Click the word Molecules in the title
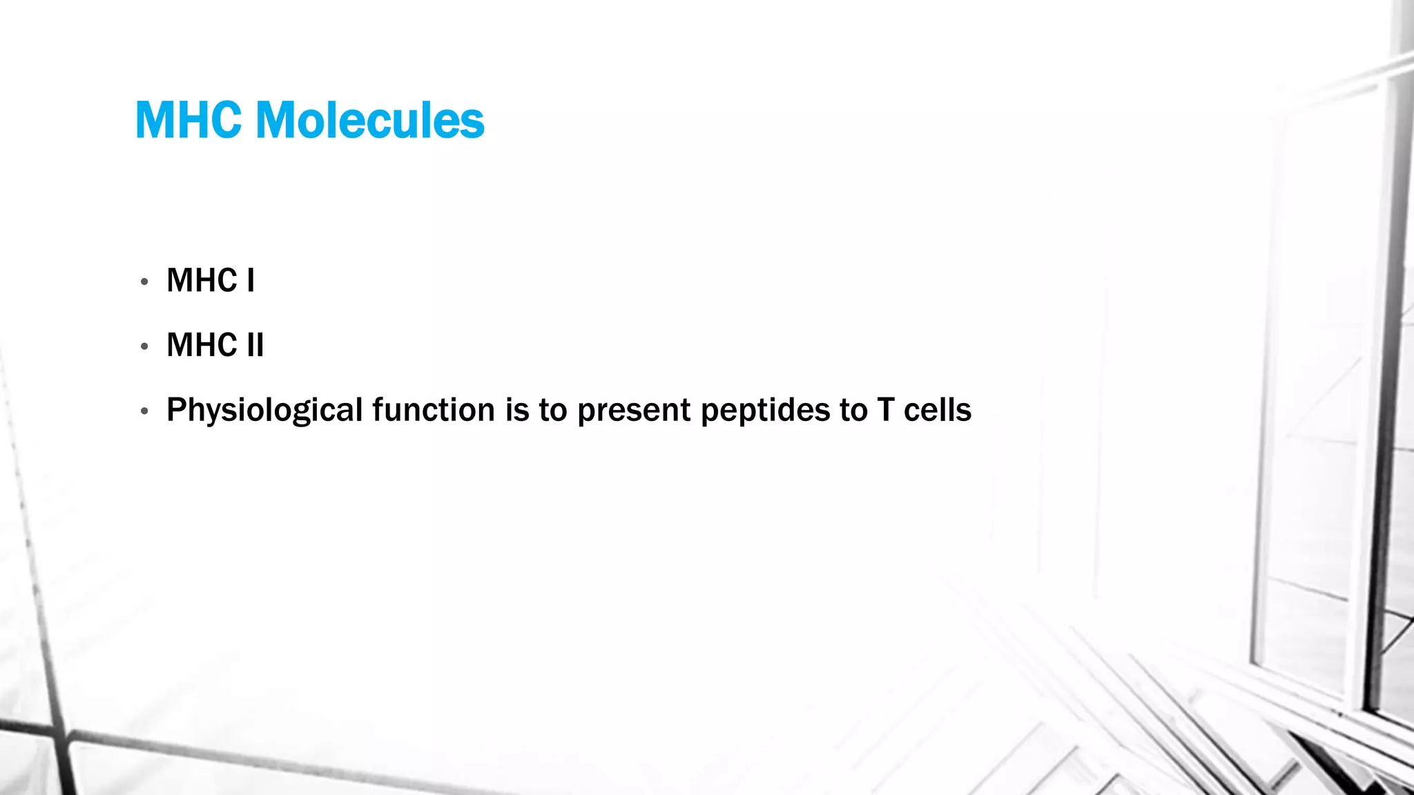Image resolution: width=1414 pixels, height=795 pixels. pyautogui.click(x=370, y=121)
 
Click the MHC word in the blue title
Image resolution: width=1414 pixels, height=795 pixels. pyautogui.click(x=188, y=121)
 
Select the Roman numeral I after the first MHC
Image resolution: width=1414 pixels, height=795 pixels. pyautogui.click(x=251, y=281)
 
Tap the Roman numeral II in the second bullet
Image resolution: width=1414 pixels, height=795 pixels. pyautogui.click(x=255, y=345)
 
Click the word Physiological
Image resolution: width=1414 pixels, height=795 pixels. pyautogui.click(x=264, y=411)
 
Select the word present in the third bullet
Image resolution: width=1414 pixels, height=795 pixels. pyautogui.click(x=633, y=411)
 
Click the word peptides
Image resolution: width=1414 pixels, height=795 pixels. pyautogui.click(x=764, y=411)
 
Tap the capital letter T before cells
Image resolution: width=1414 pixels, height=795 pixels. pyautogui.click(x=886, y=410)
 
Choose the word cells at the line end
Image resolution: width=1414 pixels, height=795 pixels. pyautogui.click(x=938, y=410)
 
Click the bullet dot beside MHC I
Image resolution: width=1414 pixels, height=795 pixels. pyautogui.click(x=144, y=282)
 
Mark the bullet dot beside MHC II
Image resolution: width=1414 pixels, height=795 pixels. pyautogui.click(x=144, y=346)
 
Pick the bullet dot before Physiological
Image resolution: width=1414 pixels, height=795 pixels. pyautogui.click(x=144, y=411)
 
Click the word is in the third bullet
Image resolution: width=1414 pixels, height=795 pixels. pyautogui.click(x=517, y=410)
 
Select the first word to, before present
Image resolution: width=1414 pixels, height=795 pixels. pyautogui.click(x=553, y=410)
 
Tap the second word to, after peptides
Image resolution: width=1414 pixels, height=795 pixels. pyautogui.click(x=853, y=410)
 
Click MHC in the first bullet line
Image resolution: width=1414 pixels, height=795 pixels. pyautogui.click(x=202, y=281)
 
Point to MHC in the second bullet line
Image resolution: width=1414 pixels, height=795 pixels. pyautogui.click(x=202, y=345)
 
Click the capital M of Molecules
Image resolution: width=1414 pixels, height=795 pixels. pyautogui.click(x=275, y=121)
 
